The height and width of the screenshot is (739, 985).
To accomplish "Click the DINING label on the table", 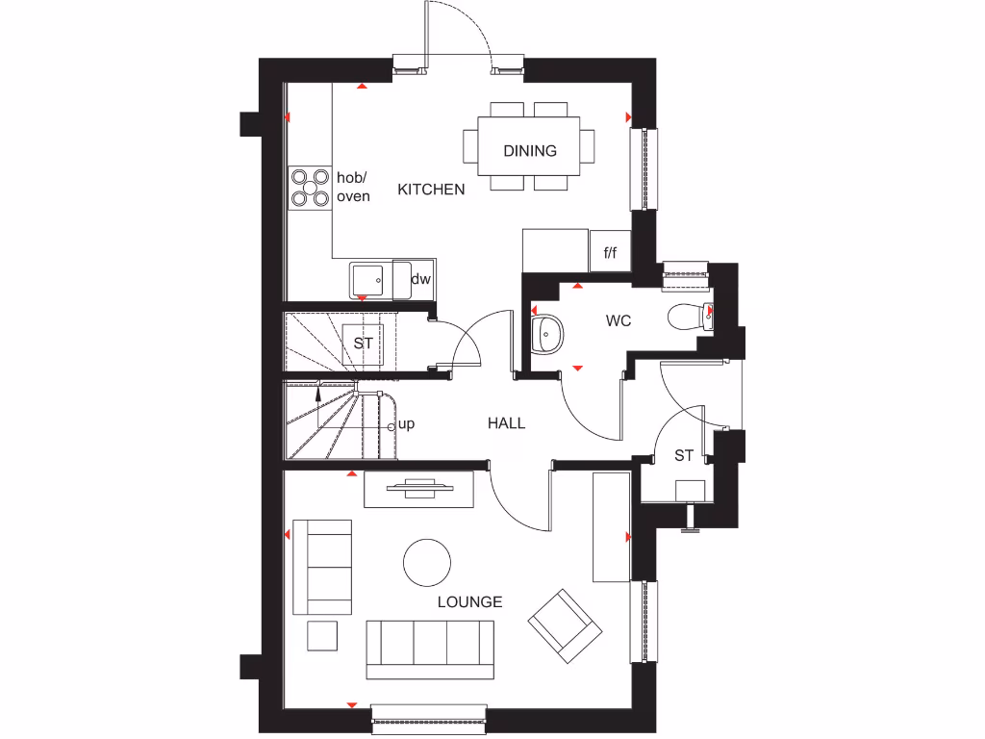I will pyautogui.click(x=530, y=151).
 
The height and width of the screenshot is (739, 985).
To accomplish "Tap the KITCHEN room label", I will pyautogui.click(x=431, y=190).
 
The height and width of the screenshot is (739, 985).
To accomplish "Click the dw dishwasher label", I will pyautogui.click(x=420, y=279).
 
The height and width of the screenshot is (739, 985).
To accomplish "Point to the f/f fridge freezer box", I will pyautogui.click(x=610, y=253).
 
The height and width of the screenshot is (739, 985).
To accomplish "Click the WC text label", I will pyautogui.click(x=619, y=320).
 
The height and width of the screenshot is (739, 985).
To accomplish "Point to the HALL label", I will pyautogui.click(x=506, y=422).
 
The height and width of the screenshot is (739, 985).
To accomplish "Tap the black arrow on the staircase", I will pyautogui.click(x=319, y=390).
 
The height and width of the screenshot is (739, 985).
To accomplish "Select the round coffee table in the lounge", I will pyautogui.click(x=427, y=562).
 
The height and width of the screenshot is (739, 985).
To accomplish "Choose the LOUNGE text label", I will pyautogui.click(x=470, y=602).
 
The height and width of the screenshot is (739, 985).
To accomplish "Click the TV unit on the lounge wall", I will pyautogui.click(x=419, y=489).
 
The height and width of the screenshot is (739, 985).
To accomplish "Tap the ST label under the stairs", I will pyautogui.click(x=363, y=343).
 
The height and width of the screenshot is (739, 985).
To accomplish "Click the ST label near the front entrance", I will pyautogui.click(x=683, y=455).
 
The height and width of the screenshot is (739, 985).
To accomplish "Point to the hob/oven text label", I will pyautogui.click(x=353, y=187).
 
